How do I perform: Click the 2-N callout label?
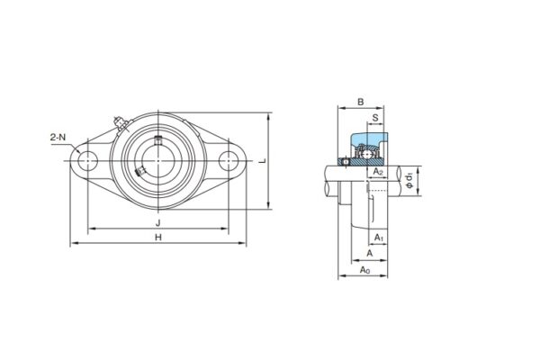tap(58, 138)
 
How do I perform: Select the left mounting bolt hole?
tap(87, 162)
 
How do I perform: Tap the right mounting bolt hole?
tap(229, 162)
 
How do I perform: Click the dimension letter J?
tap(157, 221)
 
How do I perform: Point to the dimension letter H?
tap(157, 237)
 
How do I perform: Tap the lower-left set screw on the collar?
tap(139, 173)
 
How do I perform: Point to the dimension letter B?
tap(360, 103)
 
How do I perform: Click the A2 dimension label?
tap(379, 171)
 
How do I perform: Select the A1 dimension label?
tap(379, 238)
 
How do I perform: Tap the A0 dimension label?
tap(364, 270)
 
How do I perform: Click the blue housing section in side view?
tap(369, 144)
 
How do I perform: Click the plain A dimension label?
tap(368, 254)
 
